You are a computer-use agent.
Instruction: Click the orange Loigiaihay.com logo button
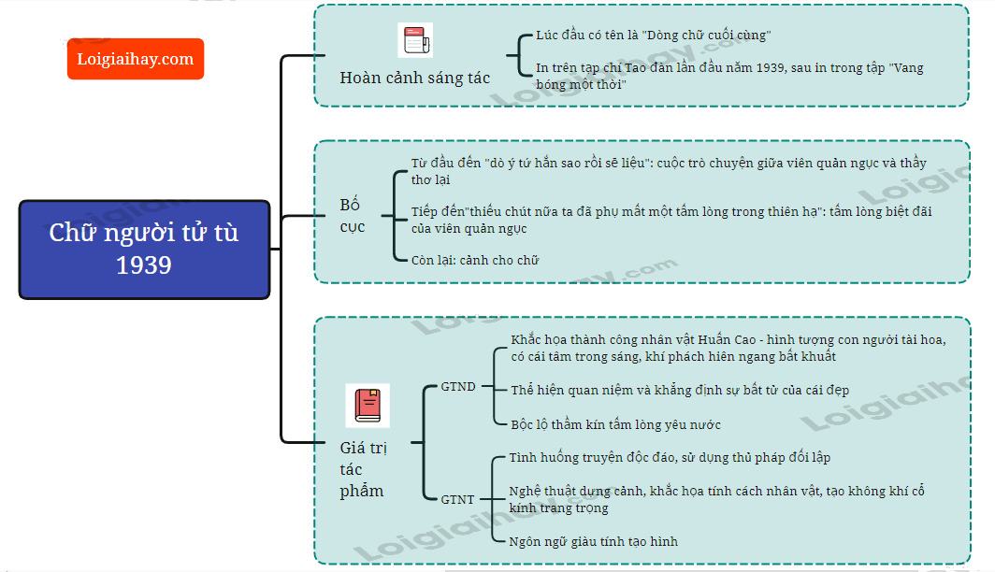136,59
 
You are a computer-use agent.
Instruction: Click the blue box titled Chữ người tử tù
145,250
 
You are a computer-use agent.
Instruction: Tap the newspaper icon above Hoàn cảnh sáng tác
415,40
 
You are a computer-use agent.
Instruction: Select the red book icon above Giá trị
368,406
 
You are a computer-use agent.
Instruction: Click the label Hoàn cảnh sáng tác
415,78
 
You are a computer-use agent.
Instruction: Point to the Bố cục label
353,216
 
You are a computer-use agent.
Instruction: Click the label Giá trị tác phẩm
363,469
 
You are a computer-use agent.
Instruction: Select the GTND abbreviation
458,386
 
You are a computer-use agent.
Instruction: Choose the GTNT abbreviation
457,499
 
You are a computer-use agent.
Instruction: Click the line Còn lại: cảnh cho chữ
475,260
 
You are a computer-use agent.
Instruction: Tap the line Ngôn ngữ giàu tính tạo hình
593,541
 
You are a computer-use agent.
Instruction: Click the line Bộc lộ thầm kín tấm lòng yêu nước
615,424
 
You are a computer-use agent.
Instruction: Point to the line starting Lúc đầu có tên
653,35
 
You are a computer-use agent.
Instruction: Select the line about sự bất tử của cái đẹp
680,390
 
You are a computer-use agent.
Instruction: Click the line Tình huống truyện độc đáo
670,457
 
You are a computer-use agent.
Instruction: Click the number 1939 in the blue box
144,265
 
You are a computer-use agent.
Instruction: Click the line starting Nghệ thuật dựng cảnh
716,499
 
